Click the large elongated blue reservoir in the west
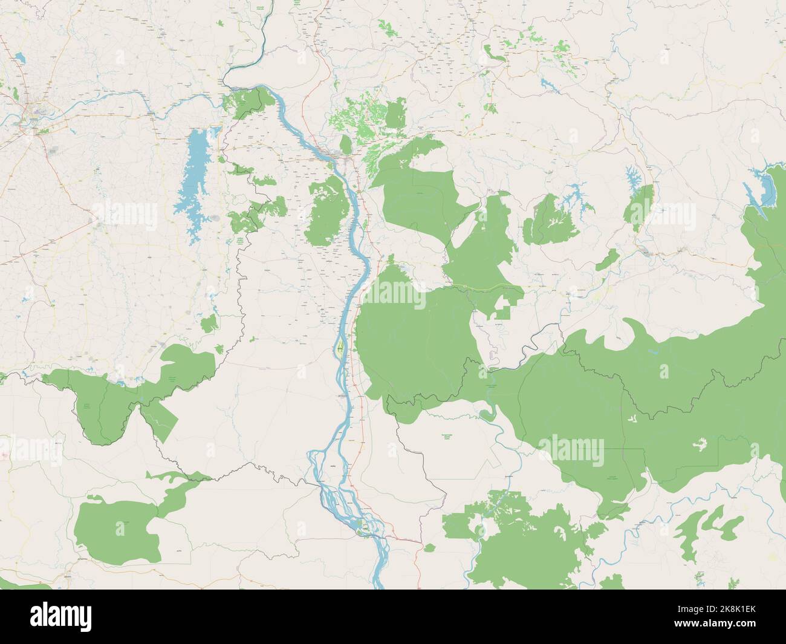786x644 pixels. pos(193,181)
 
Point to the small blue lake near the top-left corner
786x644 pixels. pos(18,59)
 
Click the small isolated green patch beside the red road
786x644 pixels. pos(429,548)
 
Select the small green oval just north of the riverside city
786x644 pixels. pos(345,145)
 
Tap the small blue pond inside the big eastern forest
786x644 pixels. pos(653,350)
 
